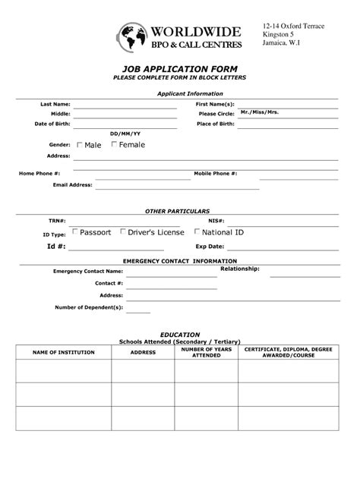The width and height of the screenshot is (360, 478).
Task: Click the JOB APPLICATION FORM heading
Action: tap(180, 68)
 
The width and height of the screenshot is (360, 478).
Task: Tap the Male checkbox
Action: tap(80, 144)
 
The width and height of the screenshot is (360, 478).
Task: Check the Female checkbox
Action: tap(114, 144)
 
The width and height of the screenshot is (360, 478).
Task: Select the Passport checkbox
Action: tap(74, 231)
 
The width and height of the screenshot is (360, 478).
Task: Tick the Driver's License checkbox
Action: tap(123, 231)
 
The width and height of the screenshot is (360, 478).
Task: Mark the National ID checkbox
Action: tap(197, 231)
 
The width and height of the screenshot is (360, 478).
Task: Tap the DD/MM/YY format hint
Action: tap(125, 133)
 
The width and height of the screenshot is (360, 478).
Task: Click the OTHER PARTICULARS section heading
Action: tap(177, 210)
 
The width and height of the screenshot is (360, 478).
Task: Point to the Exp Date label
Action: tap(210, 247)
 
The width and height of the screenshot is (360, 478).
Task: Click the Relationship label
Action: tap(240, 269)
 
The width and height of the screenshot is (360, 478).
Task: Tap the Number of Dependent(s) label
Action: tap(88, 307)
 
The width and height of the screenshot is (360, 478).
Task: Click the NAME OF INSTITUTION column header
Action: tap(63, 352)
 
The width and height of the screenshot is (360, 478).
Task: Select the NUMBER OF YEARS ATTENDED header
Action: tap(206, 352)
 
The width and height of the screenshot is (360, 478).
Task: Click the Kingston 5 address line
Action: tap(279, 35)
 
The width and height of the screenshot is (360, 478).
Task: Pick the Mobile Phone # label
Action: tap(216, 173)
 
